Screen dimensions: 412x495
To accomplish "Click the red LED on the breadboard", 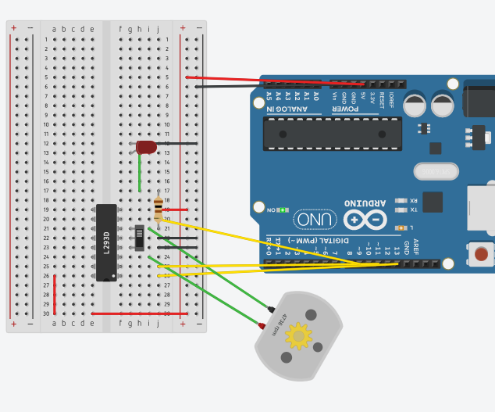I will point(146,146).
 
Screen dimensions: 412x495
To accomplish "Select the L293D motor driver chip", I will point(107,242).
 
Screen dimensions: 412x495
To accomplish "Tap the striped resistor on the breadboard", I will point(158,208).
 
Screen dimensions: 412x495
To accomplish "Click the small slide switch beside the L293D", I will point(139,238).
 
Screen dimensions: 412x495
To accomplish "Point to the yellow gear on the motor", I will point(298,336).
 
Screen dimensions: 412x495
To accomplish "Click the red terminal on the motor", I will point(262,325).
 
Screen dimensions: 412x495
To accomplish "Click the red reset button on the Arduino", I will point(482,254).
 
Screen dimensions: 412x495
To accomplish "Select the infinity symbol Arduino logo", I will point(365,220).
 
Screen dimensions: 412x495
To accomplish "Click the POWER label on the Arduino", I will point(345,109).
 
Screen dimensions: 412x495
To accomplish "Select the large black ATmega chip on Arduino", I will point(332,134).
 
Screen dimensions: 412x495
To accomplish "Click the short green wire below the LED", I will point(140,173).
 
